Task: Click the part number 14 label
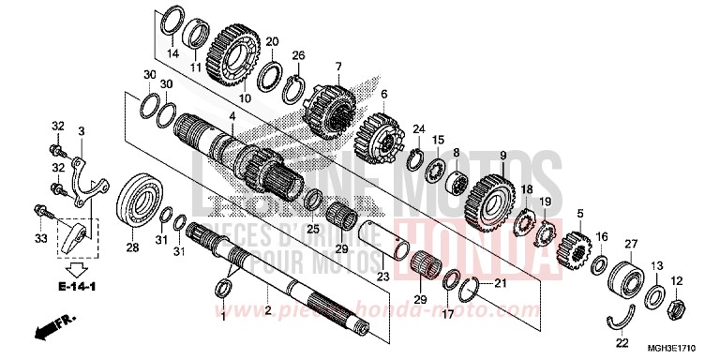pos(172,54)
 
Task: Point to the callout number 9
pos(502,155)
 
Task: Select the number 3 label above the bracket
pos(82,131)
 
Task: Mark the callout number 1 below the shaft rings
pos(223,317)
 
